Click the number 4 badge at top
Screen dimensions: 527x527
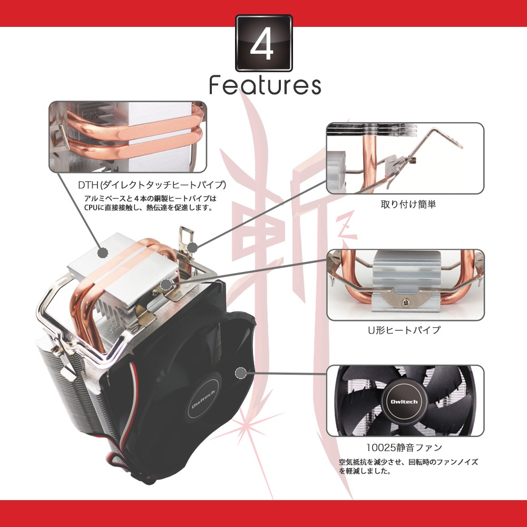coord(264,43)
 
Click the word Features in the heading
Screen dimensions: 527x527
coord(265,85)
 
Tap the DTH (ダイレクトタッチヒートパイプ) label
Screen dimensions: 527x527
coord(152,184)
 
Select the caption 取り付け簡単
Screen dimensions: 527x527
coord(408,204)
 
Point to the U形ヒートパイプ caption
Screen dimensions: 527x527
coord(404,330)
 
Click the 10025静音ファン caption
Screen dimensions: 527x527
coord(404,447)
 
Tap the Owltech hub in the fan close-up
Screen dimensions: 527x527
coord(404,402)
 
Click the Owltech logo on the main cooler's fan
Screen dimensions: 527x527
coord(203,399)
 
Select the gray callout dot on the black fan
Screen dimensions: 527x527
coord(241,373)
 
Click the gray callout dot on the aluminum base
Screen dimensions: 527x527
coord(103,252)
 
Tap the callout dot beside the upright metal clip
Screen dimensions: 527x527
coord(192,248)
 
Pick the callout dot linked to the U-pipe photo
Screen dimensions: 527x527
coord(165,285)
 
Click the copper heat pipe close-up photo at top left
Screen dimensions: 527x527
coord(128,137)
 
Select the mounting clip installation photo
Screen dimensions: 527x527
coord(405,158)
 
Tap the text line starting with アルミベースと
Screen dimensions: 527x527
coord(151,198)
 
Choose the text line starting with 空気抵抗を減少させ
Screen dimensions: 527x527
coord(408,462)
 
